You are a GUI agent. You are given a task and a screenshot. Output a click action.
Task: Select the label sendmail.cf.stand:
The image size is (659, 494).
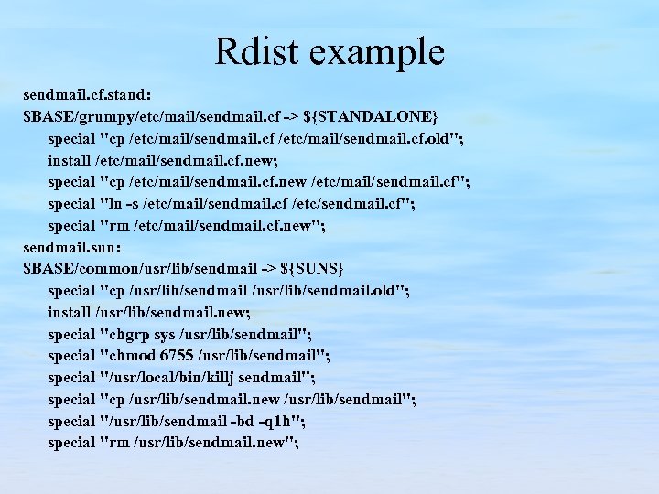88,96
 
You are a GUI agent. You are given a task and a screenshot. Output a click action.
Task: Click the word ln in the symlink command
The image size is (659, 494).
115,203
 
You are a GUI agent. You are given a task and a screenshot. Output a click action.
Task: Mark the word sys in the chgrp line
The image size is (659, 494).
167,333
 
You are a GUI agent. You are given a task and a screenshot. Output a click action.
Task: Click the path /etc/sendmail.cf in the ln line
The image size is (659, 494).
348,203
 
